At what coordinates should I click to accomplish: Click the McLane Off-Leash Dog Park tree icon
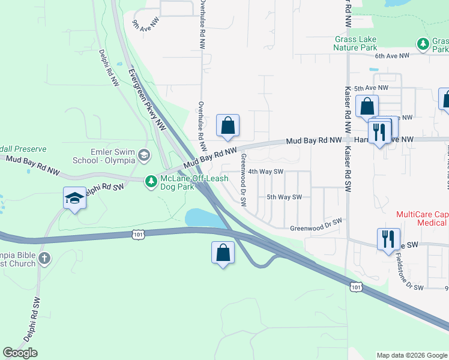click(152, 180)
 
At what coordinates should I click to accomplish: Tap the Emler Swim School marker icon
click(143, 156)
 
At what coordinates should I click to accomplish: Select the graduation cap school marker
click(74, 198)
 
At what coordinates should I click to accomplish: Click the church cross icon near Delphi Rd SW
click(44, 258)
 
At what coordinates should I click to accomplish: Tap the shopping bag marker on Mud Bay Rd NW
click(228, 125)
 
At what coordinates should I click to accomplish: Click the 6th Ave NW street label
click(391, 56)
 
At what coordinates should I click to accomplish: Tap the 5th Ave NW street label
click(369, 88)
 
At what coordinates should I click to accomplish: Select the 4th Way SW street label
click(266, 171)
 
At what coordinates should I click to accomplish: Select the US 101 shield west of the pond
click(139, 234)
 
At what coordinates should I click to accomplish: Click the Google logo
click(20, 353)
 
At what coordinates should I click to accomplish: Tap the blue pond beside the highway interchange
click(203, 218)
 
